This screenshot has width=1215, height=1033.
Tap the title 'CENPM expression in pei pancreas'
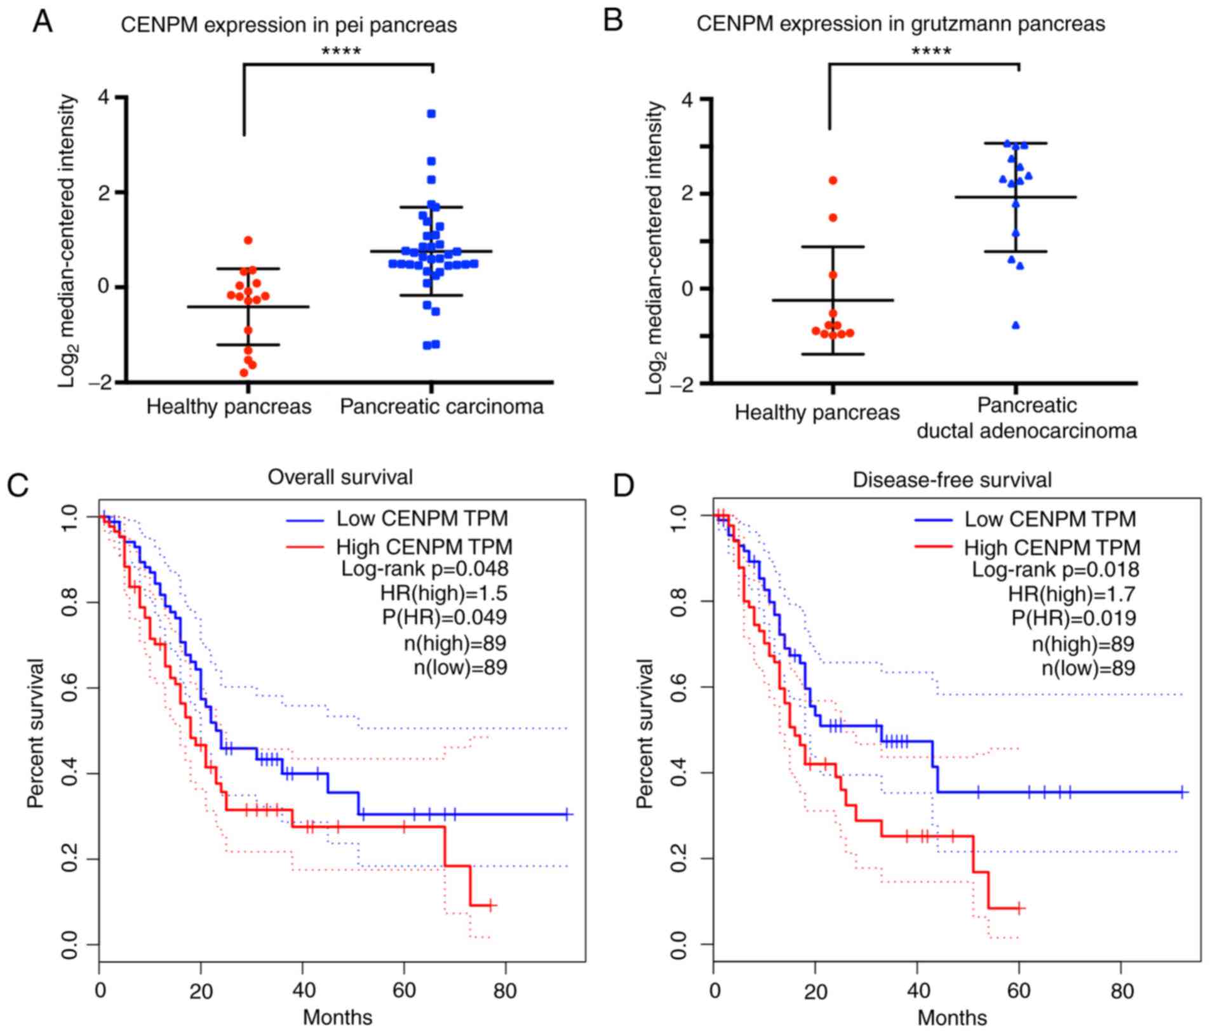pos(289,25)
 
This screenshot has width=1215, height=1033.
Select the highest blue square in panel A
pos(431,114)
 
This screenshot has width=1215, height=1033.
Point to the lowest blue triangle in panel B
pos(1016,326)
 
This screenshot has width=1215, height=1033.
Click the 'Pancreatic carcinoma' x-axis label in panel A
pos(441,406)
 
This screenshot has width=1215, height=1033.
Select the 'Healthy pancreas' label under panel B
pos(817,413)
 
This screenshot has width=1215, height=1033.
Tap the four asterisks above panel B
pos(931,51)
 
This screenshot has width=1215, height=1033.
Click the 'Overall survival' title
pos(340,477)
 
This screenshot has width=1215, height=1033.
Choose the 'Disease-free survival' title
pos(952,480)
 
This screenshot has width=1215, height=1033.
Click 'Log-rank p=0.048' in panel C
pos(425,569)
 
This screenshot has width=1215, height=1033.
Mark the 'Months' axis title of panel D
pos(952,1018)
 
